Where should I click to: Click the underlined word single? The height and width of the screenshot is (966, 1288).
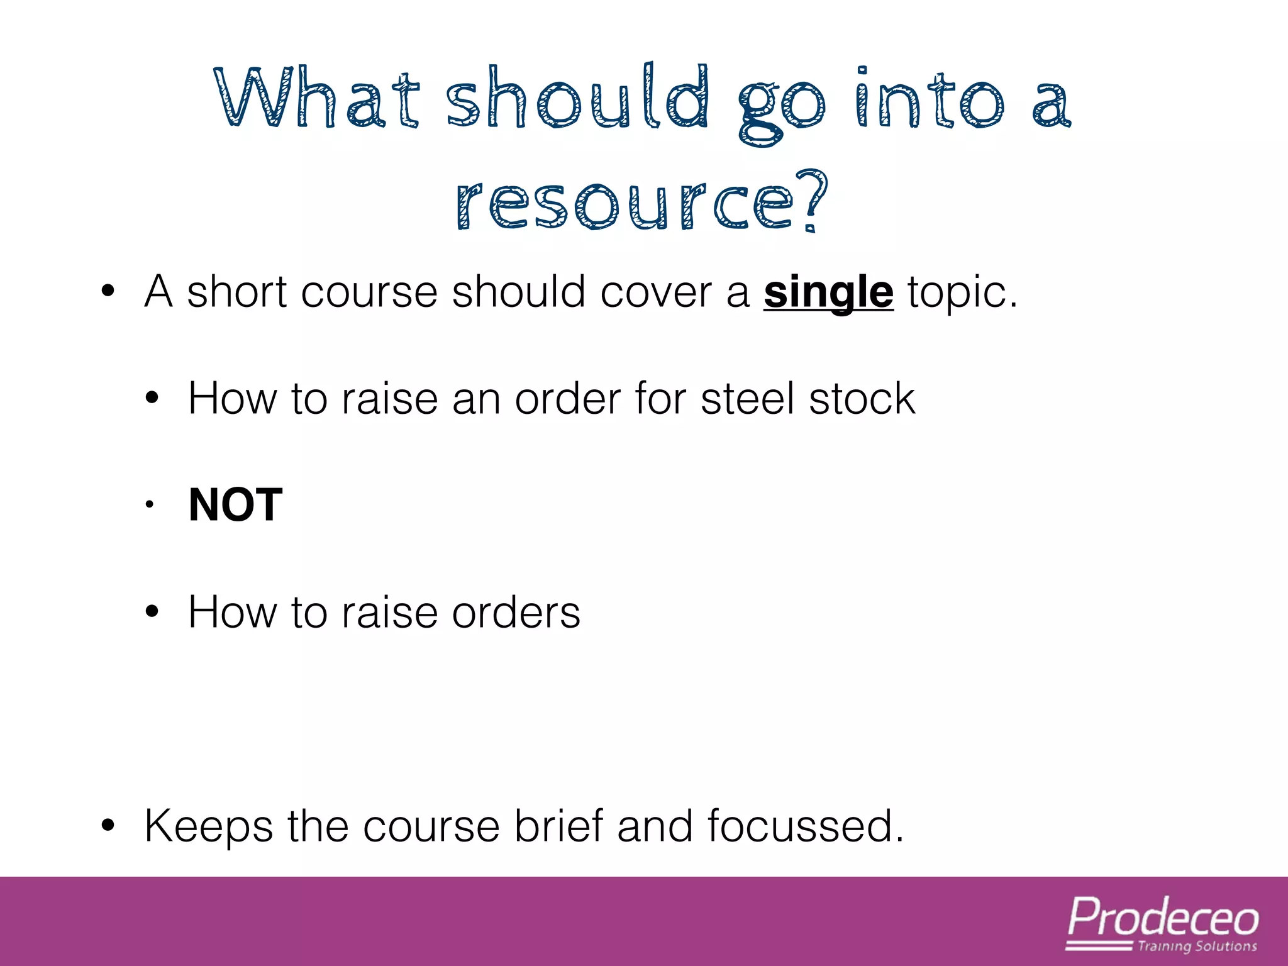click(828, 292)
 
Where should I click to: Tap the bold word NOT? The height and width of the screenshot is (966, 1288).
click(236, 505)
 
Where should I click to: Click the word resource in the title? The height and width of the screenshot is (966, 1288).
click(624, 204)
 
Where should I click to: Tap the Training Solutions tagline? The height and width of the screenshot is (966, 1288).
click(1197, 947)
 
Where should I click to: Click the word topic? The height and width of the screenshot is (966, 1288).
click(962, 294)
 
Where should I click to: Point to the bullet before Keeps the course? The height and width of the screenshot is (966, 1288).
click(108, 826)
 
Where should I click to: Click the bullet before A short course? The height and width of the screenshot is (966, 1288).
click(108, 291)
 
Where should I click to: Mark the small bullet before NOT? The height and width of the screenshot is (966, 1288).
click(150, 504)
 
